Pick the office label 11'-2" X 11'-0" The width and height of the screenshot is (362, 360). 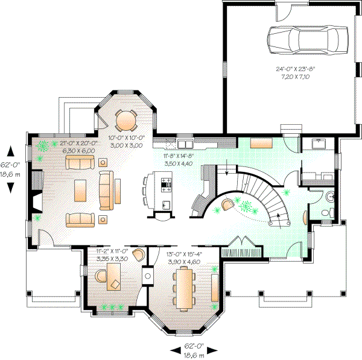coord(112,251)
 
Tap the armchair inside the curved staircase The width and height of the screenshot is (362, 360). coord(227,205)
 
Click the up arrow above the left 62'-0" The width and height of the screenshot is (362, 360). coord(10,150)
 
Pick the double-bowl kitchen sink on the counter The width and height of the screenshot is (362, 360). coord(184,144)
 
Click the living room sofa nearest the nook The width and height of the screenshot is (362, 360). coord(80,162)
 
